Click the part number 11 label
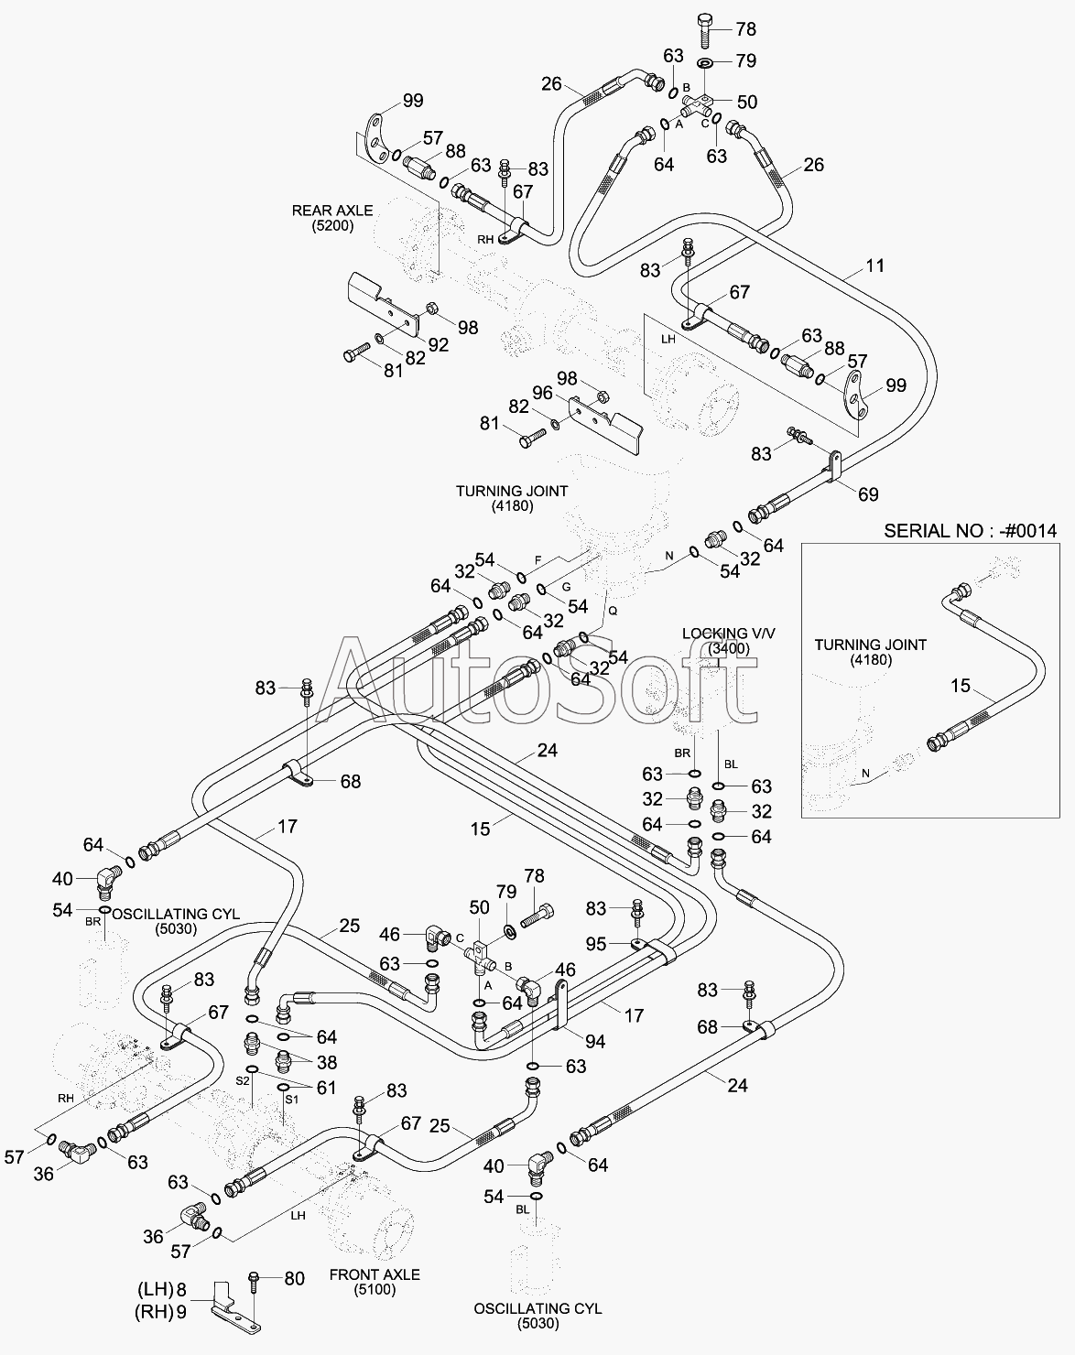point(874,266)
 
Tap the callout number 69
point(868,494)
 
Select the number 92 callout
point(438,344)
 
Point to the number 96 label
point(542,393)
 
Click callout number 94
point(595,1041)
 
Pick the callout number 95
point(596,944)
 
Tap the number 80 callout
point(295,1278)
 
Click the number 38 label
point(327,1062)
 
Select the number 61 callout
point(326,1088)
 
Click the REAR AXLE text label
point(332,211)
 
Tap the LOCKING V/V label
point(729,633)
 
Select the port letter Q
point(613,611)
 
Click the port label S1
point(291,1100)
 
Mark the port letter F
point(537,559)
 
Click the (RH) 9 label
point(161,1312)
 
